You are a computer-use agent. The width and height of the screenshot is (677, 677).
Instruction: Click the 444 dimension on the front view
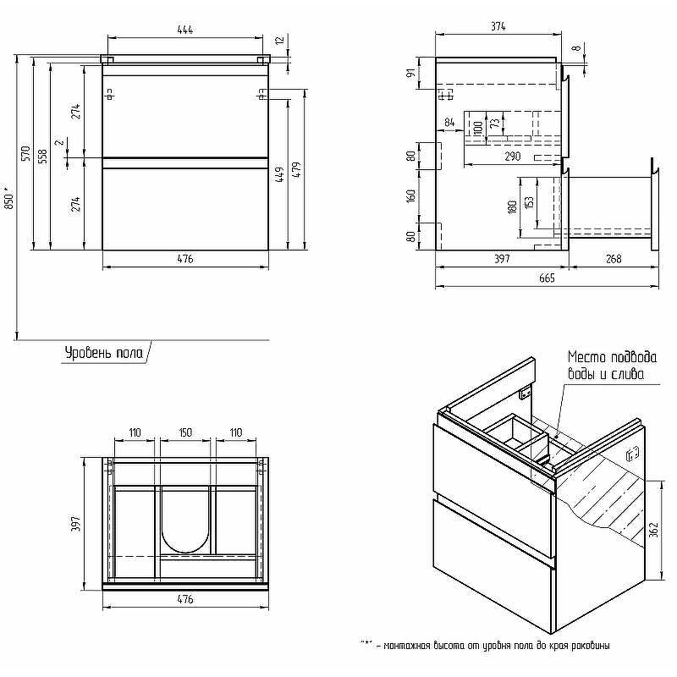[x=184, y=30]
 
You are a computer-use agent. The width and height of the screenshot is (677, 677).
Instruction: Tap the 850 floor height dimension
[x=9, y=199]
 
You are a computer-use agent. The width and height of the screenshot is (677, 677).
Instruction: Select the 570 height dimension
[x=26, y=154]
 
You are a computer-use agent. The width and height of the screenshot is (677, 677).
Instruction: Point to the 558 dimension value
[x=42, y=157]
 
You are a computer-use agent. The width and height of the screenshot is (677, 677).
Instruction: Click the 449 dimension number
[x=279, y=175]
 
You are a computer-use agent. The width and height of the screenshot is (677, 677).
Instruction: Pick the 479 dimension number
[x=296, y=170]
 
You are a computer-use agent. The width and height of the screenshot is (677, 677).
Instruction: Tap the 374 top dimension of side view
[x=498, y=26]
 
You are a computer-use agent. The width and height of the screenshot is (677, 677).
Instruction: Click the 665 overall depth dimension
[x=547, y=278]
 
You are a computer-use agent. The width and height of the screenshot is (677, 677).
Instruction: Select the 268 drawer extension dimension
[x=613, y=259]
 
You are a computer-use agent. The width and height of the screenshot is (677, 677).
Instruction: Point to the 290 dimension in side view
[x=513, y=157]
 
